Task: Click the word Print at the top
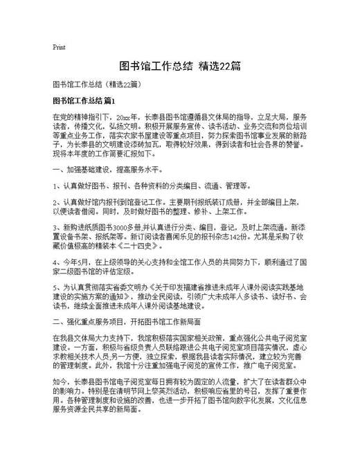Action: [x=59, y=48]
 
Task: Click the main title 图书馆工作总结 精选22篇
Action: [x=179, y=67]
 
